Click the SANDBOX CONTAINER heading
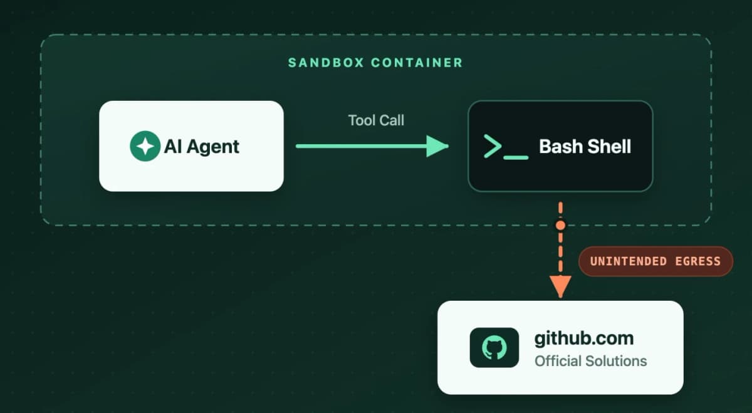[x=375, y=63]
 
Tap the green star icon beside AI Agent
[x=145, y=146]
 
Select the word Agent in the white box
[x=213, y=147]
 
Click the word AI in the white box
[x=173, y=147]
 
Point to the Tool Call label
[x=376, y=120]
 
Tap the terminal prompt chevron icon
[x=493, y=146]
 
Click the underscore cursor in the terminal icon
[x=516, y=157]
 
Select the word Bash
[x=560, y=147]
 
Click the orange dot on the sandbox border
[x=560, y=226]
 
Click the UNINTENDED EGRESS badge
[x=655, y=261]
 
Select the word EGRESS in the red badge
[x=698, y=261]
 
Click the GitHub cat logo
[x=494, y=348]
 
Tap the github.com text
[x=584, y=338]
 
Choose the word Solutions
[x=617, y=361]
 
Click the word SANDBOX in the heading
[x=326, y=63]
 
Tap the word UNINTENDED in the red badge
[x=629, y=261]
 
